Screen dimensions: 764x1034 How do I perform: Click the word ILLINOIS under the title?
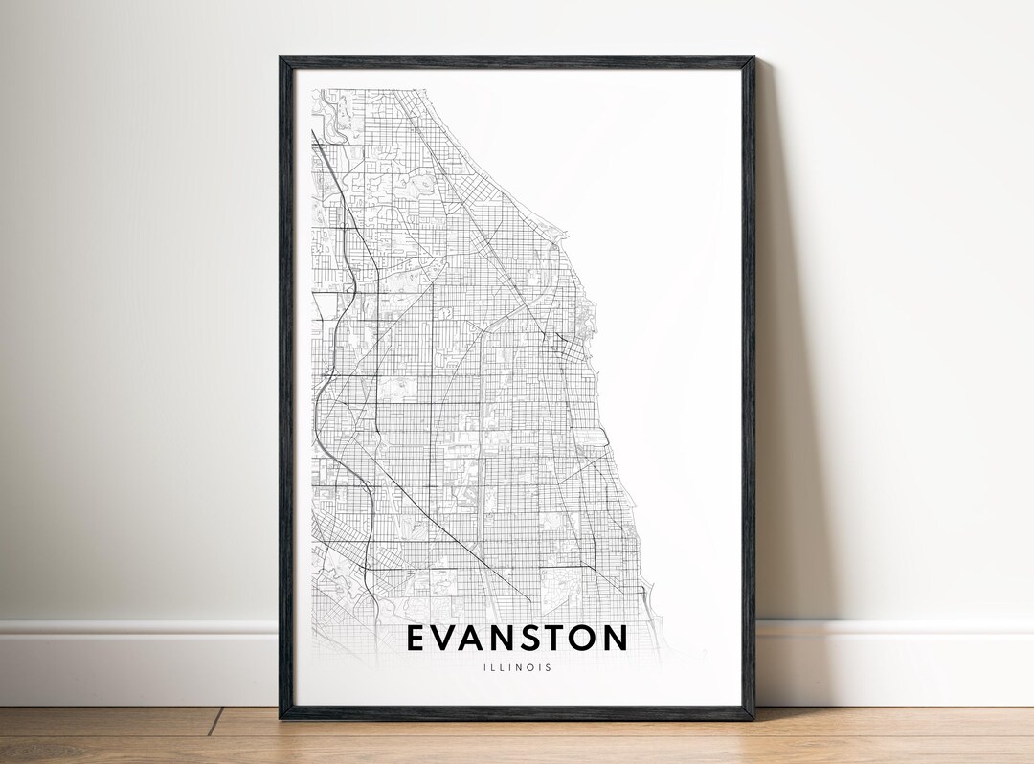[x=517, y=668]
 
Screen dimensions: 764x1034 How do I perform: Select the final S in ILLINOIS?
[x=549, y=668]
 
